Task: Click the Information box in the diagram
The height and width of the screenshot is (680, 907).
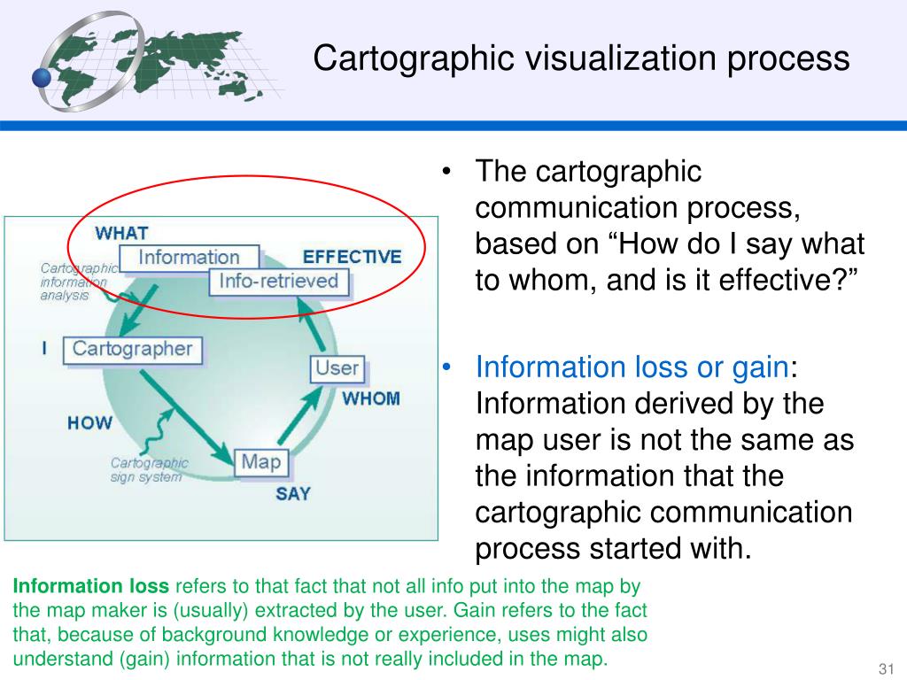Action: (x=189, y=258)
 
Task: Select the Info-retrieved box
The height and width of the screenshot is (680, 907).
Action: (x=279, y=282)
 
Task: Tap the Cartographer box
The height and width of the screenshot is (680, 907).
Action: (x=132, y=349)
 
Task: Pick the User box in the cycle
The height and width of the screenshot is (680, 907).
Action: (x=337, y=368)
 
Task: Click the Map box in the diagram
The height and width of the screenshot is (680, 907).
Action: (x=260, y=461)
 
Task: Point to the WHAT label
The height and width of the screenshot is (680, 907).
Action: (x=121, y=234)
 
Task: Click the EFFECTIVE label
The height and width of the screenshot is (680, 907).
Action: (x=352, y=258)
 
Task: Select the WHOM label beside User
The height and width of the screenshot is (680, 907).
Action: (x=371, y=398)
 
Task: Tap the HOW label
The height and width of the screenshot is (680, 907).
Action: (x=89, y=422)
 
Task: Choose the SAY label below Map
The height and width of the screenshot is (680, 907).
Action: (x=292, y=494)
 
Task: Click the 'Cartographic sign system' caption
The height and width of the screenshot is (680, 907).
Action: (x=149, y=469)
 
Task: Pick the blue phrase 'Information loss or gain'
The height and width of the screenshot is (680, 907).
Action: (x=632, y=367)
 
